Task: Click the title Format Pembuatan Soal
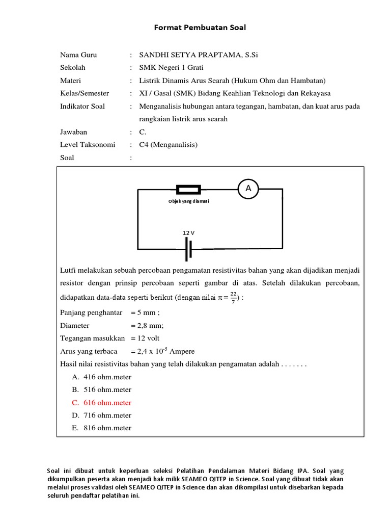click(x=200, y=28)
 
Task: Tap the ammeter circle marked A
click(x=248, y=189)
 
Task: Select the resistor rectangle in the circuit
click(x=188, y=190)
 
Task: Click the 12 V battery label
click(x=189, y=232)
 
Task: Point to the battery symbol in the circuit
click(x=189, y=249)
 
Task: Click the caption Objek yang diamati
click(x=189, y=201)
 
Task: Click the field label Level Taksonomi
click(x=88, y=145)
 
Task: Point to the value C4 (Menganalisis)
click(x=168, y=145)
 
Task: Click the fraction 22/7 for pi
click(x=233, y=297)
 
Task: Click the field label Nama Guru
click(x=78, y=55)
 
